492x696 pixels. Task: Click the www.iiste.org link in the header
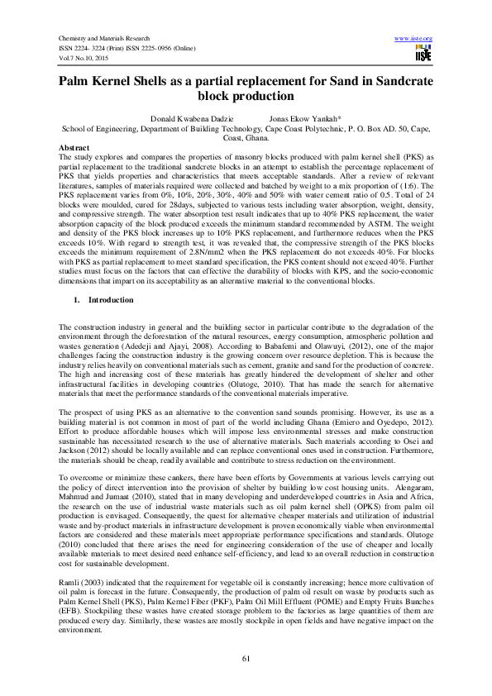(415, 39)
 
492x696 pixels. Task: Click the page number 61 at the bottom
(246, 657)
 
